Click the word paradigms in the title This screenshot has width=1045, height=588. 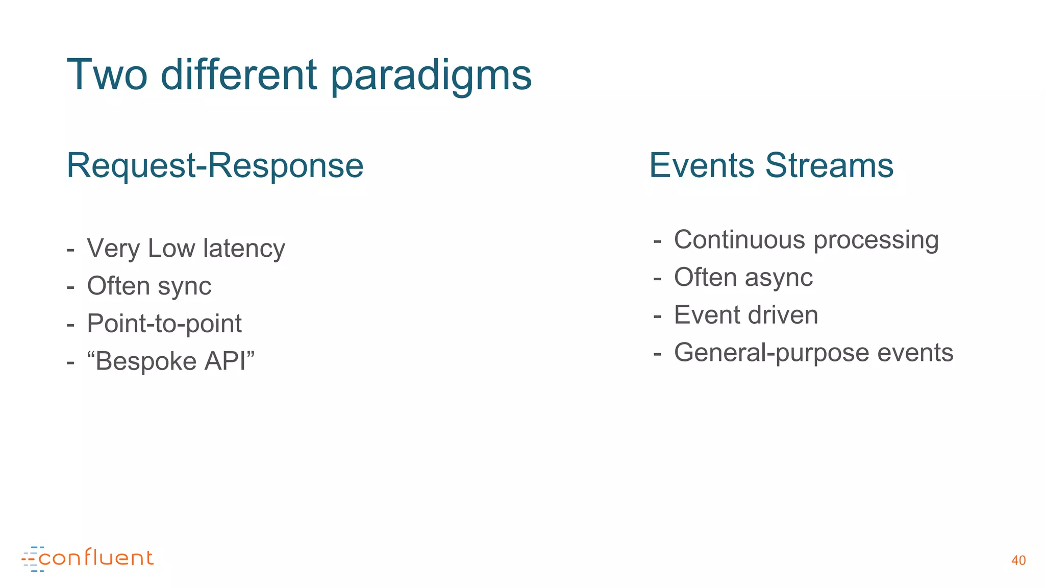(431, 75)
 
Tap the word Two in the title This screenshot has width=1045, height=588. (107, 75)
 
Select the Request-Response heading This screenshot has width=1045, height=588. (215, 165)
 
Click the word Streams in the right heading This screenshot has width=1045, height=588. (829, 165)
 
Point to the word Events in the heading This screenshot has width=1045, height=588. (701, 165)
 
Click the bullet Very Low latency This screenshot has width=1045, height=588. (186, 249)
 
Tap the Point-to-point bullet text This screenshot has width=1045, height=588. (164, 324)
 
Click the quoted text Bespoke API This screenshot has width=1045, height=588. (171, 361)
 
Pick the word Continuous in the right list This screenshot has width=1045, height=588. (741, 240)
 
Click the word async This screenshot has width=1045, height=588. (779, 278)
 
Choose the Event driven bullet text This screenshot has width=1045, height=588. (746, 315)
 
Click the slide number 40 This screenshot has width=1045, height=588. (1018, 560)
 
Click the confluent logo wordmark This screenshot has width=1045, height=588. (96, 558)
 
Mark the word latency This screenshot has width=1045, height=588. (244, 249)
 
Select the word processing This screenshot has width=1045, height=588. (876, 240)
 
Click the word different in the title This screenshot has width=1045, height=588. (239, 75)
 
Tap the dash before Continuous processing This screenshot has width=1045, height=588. (657, 240)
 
